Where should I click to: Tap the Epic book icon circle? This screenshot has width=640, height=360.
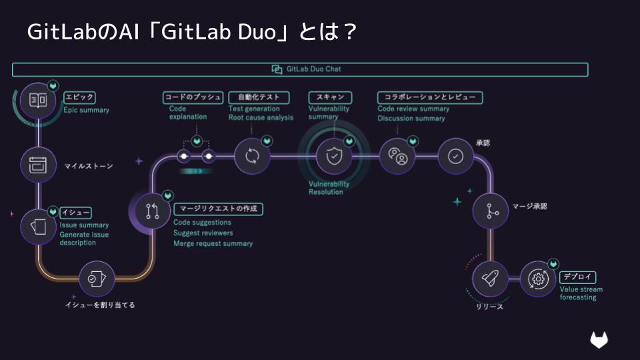tap(38, 100)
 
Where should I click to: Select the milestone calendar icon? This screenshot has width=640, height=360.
tap(38, 164)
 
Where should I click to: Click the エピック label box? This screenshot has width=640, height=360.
tap(79, 97)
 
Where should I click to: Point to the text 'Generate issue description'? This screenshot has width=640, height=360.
tap(84, 239)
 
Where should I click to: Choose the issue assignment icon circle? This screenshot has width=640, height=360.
tap(97, 279)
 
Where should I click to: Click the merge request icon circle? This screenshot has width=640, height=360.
tap(152, 212)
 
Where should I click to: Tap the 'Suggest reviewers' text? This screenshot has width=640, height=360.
tap(203, 233)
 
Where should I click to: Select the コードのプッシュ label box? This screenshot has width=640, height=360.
tap(193, 97)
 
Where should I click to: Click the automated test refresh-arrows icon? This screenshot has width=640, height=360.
tap(252, 156)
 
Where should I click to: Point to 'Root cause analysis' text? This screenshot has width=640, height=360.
tap(261, 118)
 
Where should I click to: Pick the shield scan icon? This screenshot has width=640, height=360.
tap(333, 156)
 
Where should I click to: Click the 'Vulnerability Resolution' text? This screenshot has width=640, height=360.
tap(328, 188)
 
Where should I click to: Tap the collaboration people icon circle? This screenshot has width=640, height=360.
tap(397, 156)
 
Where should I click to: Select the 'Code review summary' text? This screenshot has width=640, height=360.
tap(413, 109)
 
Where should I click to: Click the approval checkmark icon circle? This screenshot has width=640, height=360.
tap(456, 156)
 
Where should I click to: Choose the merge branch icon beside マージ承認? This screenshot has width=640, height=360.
tap(491, 211)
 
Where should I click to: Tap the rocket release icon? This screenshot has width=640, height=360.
tap(490, 279)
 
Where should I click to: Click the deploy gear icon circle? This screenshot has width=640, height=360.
tap(537, 279)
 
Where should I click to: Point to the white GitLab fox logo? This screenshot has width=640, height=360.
tap(599, 340)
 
